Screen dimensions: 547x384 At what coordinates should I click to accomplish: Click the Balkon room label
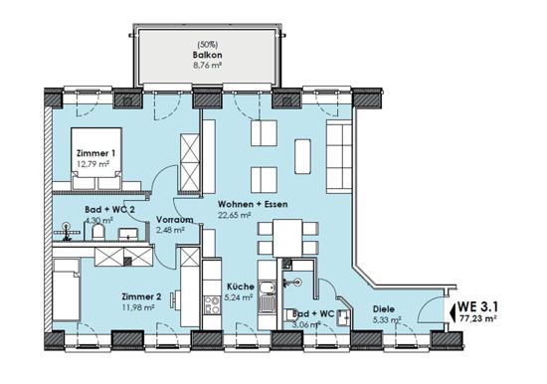[x=207, y=55]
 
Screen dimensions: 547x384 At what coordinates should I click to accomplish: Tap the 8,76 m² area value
[x=208, y=65]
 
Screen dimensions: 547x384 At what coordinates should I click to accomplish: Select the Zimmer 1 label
[x=95, y=153]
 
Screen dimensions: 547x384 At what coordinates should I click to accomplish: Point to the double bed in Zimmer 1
[x=96, y=159]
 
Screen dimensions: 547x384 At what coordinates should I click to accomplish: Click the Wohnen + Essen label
[x=253, y=204]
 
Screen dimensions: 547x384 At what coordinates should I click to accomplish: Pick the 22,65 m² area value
[x=235, y=215]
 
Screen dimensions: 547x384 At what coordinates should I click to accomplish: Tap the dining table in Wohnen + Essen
[x=287, y=238]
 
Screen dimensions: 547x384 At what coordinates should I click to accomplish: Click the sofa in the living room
[x=339, y=156]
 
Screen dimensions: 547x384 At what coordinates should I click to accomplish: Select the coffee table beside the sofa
[x=302, y=156]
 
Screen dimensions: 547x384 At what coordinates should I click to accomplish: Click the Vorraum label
[x=175, y=220]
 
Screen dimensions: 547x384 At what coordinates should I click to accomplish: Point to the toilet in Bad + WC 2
[x=98, y=232]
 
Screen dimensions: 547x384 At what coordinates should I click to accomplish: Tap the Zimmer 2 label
[x=141, y=297]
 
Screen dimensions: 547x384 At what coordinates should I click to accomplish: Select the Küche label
[x=241, y=287]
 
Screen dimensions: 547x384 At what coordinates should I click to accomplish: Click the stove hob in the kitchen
[x=212, y=305]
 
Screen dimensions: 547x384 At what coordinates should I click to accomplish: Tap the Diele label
[x=384, y=309]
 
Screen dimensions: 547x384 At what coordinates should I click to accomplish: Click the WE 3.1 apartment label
[x=478, y=306]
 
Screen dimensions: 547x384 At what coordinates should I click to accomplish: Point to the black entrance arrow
[x=454, y=312]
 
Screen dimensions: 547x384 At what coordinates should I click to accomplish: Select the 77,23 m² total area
[x=477, y=318]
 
